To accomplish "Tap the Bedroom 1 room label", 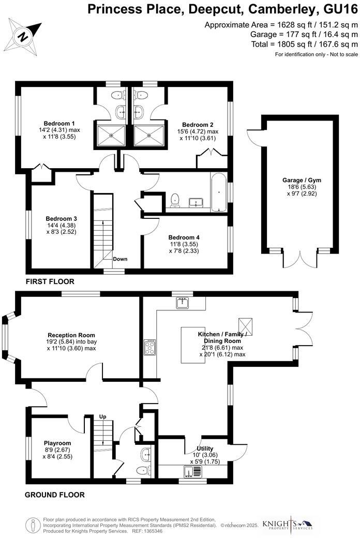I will click(x=57, y=123).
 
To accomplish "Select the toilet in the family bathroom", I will click(x=175, y=199).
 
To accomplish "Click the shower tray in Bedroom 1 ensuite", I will click(x=110, y=135).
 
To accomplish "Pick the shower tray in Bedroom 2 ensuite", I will click(x=149, y=135).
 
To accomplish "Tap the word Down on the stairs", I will click(x=120, y=259).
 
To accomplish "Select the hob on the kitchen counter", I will click(x=149, y=347).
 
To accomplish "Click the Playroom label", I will click(x=57, y=443).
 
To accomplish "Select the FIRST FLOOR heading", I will click(x=50, y=282).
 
